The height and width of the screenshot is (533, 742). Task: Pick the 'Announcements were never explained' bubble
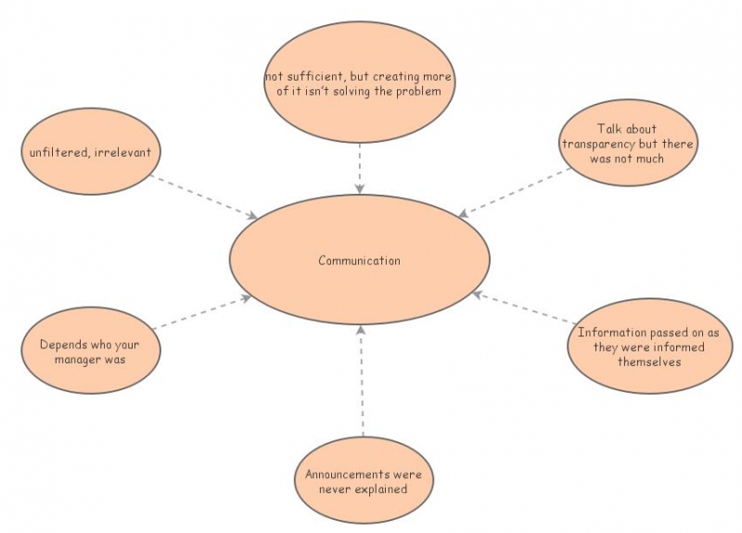coord(364,481)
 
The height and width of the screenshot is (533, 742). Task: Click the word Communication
coord(359,260)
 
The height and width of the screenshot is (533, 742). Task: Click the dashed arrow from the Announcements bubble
coord(362,380)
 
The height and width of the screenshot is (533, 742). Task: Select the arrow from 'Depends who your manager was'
coord(202,312)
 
